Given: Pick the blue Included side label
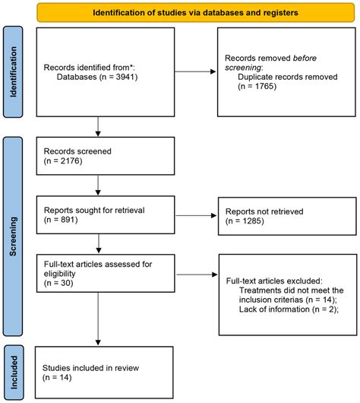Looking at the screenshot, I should (x=12, y=372).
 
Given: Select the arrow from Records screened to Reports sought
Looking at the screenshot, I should (x=99, y=184).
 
